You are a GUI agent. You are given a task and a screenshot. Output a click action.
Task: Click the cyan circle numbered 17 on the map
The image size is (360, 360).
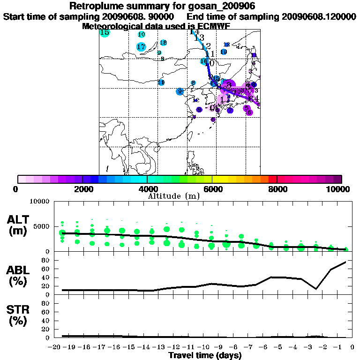point(141,46)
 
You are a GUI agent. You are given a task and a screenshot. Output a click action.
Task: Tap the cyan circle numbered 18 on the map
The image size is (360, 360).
point(163,43)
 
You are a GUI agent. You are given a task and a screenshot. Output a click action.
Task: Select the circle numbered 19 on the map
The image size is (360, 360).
point(224,52)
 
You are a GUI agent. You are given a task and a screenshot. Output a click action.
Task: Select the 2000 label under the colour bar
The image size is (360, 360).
point(82,189)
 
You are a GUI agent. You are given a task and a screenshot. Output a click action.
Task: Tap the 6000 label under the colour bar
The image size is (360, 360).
point(212,189)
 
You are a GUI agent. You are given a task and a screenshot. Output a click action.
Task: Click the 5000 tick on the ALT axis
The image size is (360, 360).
point(42,226)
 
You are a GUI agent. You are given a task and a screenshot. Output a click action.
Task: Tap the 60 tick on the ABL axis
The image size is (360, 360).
point(46,269)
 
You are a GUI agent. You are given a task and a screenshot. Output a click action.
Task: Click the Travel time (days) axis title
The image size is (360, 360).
point(205,356)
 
